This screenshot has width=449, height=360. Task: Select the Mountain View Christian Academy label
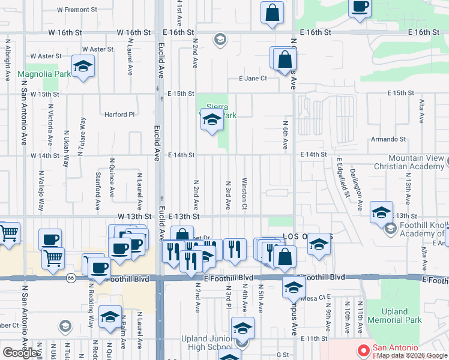click(411, 162)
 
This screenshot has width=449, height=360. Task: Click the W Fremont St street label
click(77, 10)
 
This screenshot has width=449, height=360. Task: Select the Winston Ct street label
click(244, 193)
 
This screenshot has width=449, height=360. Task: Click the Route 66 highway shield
click(71, 278)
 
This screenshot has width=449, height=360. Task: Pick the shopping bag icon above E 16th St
click(272, 13)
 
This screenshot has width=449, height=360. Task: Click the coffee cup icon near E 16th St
click(360, 7)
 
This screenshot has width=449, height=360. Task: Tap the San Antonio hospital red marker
click(363, 350)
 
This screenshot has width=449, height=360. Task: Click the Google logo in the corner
click(20, 353)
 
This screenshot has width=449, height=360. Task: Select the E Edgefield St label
click(343, 178)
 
